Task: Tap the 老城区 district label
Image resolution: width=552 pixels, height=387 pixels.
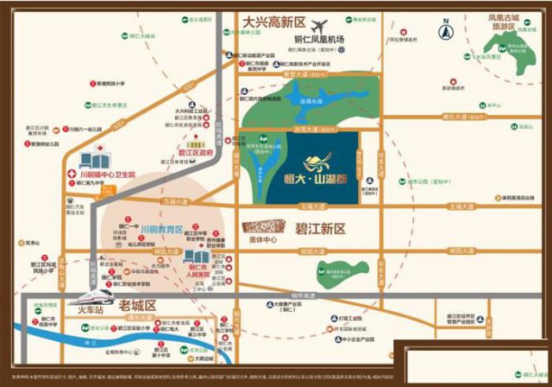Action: [x=137, y=306]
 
